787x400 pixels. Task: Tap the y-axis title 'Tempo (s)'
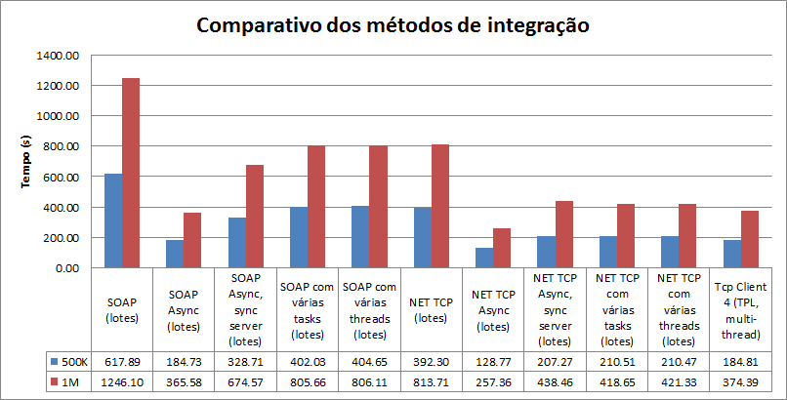coord(26,161)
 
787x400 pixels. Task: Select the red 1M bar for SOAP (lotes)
coord(130,173)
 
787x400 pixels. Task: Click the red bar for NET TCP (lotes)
coord(439,206)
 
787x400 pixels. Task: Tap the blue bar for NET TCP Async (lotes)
coord(482,258)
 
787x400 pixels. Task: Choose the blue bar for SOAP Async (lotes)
coord(174,254)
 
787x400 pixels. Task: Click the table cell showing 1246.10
coord(121,381)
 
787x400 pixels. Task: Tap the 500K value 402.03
coord(307,361)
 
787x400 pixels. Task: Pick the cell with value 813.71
coord(430,381)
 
